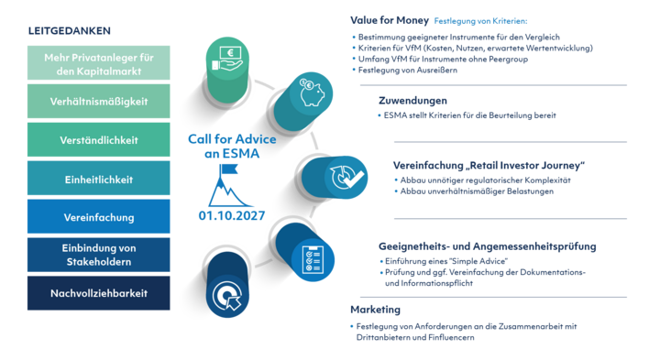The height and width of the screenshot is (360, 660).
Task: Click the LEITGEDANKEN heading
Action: [70, 31]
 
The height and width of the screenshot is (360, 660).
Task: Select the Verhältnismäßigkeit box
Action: [99, 102]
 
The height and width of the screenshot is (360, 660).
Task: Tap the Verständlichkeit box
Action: [99, 139]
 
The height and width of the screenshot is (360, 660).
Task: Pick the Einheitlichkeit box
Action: [99, 179]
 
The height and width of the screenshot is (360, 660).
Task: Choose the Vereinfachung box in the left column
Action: [99, 216]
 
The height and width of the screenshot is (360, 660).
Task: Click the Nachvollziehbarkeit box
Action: [99, 293]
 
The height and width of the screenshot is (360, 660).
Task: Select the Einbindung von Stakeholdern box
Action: [99, 255]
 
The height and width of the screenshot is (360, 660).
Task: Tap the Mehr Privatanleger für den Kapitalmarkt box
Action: [99, 63]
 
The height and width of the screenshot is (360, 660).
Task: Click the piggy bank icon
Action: [312, 92]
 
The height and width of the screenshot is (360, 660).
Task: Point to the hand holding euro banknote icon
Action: [227, 59]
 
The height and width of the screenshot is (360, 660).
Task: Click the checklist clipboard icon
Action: [313, 260]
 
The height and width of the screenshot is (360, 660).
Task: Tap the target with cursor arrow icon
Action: [227, 296]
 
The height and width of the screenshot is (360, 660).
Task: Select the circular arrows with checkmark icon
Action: [346, 178]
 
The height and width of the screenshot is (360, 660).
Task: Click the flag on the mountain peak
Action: [229, 169]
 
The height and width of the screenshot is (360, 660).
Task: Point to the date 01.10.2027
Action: [232, 216]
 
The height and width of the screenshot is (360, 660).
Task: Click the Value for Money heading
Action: [390, 20]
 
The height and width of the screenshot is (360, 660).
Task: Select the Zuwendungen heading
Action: [412, 101]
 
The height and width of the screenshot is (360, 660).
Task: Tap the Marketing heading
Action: [376, 310]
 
